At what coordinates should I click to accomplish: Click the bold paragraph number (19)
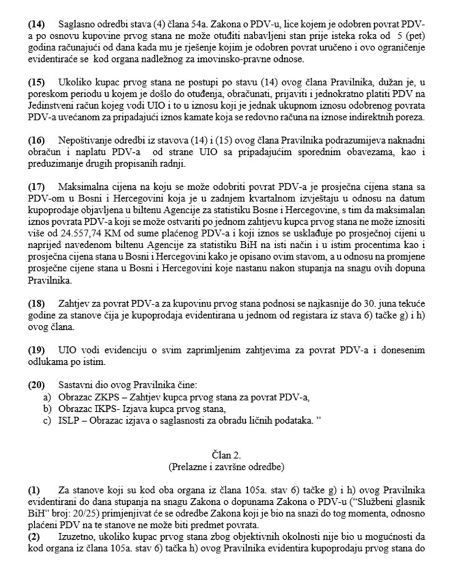37,349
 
